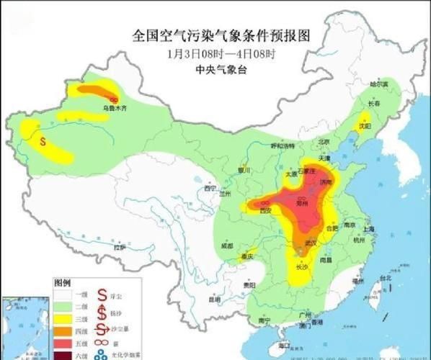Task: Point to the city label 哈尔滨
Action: pos(379,84)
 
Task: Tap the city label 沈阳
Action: pos(365,125)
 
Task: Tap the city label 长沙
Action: pos(303,267)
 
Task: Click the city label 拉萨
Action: pos(119,247)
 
